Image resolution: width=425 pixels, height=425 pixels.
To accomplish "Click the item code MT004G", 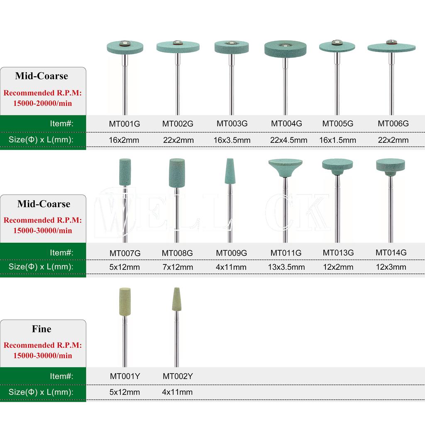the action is click(286, 124).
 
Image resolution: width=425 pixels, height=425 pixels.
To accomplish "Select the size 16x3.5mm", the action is click(232, 140).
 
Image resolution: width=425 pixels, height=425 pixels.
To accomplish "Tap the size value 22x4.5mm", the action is click(289, 140).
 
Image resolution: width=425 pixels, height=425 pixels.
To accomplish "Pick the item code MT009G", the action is click(232, 253).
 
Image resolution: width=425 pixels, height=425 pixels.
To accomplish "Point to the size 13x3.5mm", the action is click(286, 267).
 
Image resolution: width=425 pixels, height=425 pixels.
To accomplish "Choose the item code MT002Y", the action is click(178, 376).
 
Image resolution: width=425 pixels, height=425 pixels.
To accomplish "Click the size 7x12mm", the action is click(178, 267).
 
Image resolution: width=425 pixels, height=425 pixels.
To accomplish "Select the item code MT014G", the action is click(391, 253).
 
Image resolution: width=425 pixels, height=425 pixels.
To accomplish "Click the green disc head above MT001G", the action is click(125, 47).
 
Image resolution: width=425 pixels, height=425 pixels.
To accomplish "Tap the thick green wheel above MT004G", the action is click(286, 49).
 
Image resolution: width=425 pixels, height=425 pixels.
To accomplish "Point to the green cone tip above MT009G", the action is click(230, 171).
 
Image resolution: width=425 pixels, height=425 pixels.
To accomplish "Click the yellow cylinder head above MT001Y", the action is click(125, 302).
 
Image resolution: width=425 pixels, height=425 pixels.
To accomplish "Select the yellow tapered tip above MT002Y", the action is click(176, 299).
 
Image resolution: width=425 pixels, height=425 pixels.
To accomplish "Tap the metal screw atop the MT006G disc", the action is click(391, 42).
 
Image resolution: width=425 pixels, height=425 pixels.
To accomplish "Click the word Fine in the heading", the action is click(42, 329).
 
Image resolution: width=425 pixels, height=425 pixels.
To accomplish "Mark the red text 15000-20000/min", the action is click(43, 103).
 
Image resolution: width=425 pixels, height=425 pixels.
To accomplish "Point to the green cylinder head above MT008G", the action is click(177, 173).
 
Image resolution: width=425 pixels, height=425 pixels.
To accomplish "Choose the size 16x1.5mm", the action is click(338, 140).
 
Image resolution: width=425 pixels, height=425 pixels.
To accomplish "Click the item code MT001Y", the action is click(125, 376).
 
